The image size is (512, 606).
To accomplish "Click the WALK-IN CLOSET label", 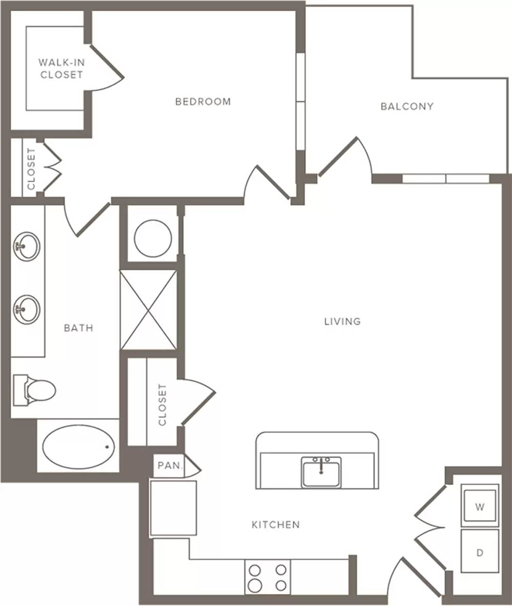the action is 61,69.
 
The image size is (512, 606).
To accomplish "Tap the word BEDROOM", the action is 203,102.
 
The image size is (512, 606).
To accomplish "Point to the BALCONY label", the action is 407,106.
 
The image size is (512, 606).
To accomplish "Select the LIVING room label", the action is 342,321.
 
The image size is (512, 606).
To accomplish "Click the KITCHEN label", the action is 276,525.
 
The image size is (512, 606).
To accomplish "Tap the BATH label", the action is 78,328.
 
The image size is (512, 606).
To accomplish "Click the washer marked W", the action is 480,506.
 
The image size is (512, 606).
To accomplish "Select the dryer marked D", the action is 480,552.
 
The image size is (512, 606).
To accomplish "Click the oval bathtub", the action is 78,447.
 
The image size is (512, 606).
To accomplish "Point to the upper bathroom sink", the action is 26,246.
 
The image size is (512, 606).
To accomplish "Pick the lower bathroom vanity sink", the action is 26,310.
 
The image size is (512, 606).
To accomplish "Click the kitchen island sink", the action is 322,471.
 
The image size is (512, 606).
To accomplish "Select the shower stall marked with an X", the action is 148,310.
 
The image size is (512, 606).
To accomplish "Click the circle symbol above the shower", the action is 153,239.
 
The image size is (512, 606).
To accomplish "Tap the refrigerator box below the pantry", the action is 173,508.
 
